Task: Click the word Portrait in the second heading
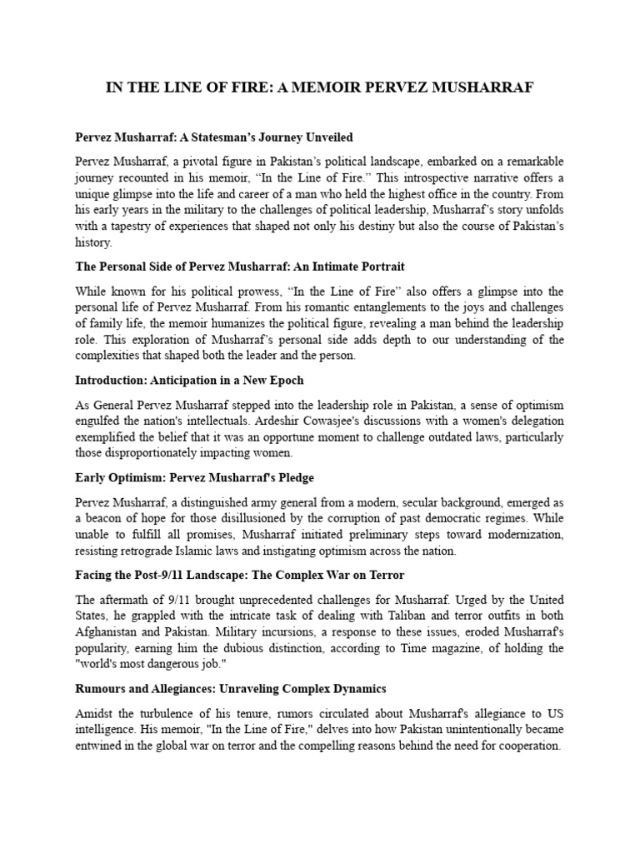click(378, 267)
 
